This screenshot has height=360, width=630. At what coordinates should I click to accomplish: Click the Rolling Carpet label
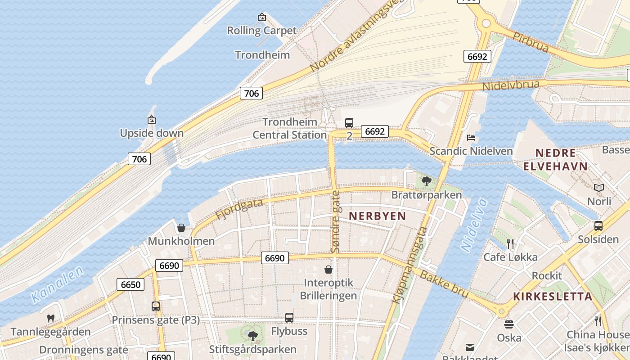pyautogui.click(x=261, y=31)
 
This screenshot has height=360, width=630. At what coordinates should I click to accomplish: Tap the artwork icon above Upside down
pyautogui.click(x=152, y=120)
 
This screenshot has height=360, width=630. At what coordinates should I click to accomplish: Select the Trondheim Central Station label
pyautogui.click(x=289, y=128)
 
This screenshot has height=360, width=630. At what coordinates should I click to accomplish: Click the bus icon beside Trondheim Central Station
pyautogui.click(x=349, y=122)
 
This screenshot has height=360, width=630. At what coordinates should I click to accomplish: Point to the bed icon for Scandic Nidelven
pyautogui.click(x=471, y=138)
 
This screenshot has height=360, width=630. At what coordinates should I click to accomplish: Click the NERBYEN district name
pyautogui.click(x=377, y=216)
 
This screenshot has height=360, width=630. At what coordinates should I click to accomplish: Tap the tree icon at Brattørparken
pyautogui.click(x=427, y=181)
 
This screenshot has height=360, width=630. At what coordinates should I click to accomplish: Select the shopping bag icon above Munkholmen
pyautogui.click(x=181, y=228)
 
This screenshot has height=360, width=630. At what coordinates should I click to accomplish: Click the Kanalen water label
pyautogui.click(x=58, y=284)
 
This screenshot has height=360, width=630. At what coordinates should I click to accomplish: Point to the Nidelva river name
pyautogui.click(x=474, y=225)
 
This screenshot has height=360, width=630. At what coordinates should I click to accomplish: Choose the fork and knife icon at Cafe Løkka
pyautogui.click(x=510, y=244)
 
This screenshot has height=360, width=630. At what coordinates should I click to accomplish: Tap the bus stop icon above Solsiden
pyautogui.click(x=598, y=226)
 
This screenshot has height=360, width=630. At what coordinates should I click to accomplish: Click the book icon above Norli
pyautogui.click(x=598, y=188)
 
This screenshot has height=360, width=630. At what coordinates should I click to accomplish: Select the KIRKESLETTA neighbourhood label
pyautogui.click(x=553, y=297)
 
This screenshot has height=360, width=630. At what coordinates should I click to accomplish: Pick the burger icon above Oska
pyautogui.click(x=509, y=324)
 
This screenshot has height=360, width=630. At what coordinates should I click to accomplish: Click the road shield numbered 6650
pyautogui.click(x=131, y=284)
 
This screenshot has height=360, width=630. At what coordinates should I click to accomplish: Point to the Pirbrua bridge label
pyautogui.click(x=531, y=42)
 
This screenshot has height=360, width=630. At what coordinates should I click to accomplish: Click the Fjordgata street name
pyautogui.click(x=239, y=209)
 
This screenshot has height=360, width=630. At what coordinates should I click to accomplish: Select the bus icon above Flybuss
pyautogui.click(x=289, y=318)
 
